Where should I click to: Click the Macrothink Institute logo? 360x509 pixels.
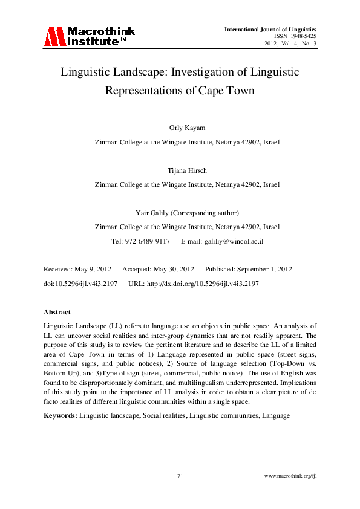(89, 36)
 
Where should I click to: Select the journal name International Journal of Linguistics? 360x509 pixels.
(270, 29)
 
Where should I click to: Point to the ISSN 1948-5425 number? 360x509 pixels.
(295, 36)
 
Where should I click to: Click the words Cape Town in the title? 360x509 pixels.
(229, 92)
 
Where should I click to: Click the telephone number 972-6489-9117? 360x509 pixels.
(149, 241)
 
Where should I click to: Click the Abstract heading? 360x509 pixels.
(57, 312)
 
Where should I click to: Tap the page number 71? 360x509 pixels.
(180, 476)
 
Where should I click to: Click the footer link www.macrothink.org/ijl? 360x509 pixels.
(291, 476)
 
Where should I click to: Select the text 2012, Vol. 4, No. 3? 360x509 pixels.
(290, 44)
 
